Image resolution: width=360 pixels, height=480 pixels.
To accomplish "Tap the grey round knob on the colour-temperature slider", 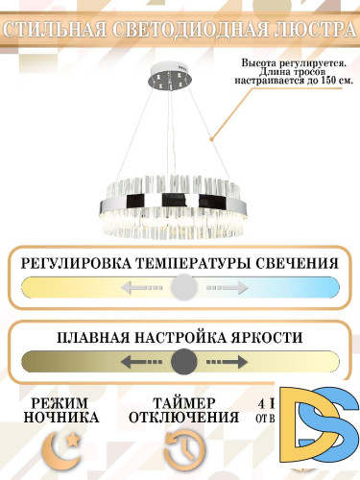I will click(x=183, y=287).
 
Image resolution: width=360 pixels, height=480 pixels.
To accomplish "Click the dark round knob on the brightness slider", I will click(x=183, y=362).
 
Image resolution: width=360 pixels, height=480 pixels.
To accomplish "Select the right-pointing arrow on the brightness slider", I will click(x=227, y=362).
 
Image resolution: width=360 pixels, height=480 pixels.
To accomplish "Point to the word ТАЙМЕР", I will click(x=182, y=402).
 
